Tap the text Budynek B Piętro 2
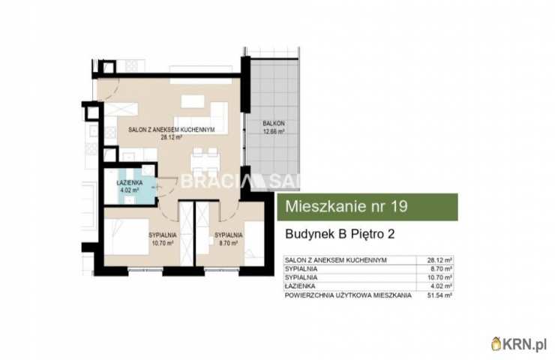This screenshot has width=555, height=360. tap(340, 234)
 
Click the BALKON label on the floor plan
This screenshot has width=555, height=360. tap(273, 123)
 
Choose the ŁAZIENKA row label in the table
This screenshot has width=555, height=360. tap(299, 286)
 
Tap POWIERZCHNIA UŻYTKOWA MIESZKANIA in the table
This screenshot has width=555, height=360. tap(348, 295)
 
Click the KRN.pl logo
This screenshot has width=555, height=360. tap(519, 343)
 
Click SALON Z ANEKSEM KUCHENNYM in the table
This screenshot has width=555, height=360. tap(335, 259)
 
